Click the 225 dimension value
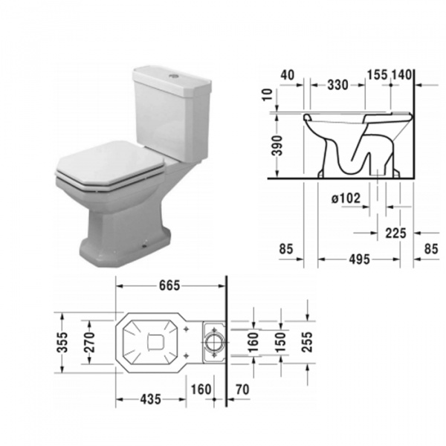pyautogui.click(x=395, y=233)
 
